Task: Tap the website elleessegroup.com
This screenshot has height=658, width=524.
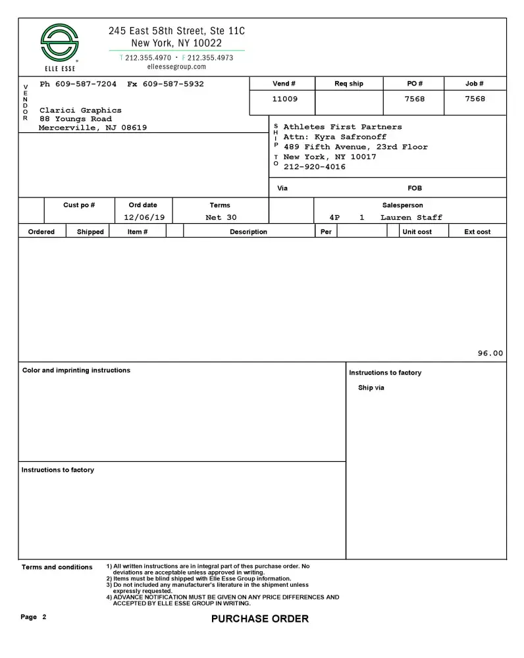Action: tap(176, 67)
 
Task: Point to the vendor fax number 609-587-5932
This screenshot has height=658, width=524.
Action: tap(173, 84)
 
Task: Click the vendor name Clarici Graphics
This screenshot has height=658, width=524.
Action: tap(80, 111)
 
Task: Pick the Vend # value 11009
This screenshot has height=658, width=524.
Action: tap(284, 99)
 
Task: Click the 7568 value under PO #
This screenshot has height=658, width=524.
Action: tap(414, 99)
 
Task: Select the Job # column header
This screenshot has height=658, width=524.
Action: tap(474, 84)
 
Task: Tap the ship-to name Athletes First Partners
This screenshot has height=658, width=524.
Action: tap(342, 127)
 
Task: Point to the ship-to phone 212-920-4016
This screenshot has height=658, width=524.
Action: tap(314, 167)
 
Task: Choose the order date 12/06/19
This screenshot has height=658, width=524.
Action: tap(143, 218)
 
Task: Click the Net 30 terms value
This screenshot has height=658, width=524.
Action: tap(221, 218)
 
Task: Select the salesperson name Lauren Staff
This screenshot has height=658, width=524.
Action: tap(411, 218)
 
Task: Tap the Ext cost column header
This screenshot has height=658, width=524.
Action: tap(477, 232)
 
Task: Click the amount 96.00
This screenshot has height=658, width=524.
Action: tap(490, 353)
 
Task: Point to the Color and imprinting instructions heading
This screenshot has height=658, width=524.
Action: tap(76, 370)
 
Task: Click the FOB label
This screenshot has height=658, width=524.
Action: tap(415, 188)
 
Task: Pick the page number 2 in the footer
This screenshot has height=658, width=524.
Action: tap(44, 617)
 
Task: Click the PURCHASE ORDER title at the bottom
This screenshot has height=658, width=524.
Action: tap(259, 619)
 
